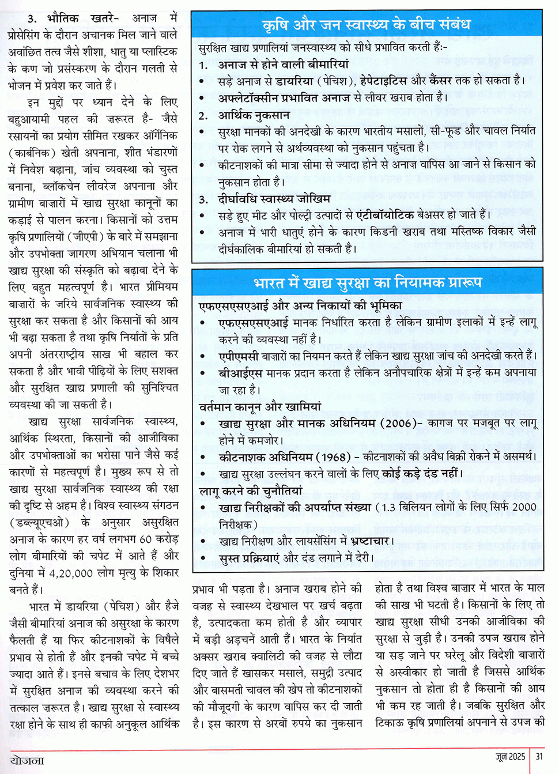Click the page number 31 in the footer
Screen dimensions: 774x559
click(539, 756)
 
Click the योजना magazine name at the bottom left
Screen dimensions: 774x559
click(27, 760)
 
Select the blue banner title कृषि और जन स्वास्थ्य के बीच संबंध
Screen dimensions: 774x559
click(366, 25)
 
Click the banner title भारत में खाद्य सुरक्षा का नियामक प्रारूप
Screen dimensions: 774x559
click(367, 283)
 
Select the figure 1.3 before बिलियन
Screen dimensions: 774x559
click(389, 507)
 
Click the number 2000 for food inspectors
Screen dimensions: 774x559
click(524, 507)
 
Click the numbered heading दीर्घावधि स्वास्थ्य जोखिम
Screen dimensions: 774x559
click(274, 199)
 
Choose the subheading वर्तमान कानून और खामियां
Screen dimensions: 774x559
click(260, 407)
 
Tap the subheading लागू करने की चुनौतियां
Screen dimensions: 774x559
click(251, 491)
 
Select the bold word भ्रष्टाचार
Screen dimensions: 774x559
click(362, 541)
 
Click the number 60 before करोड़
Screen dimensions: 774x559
click(145, 539)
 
